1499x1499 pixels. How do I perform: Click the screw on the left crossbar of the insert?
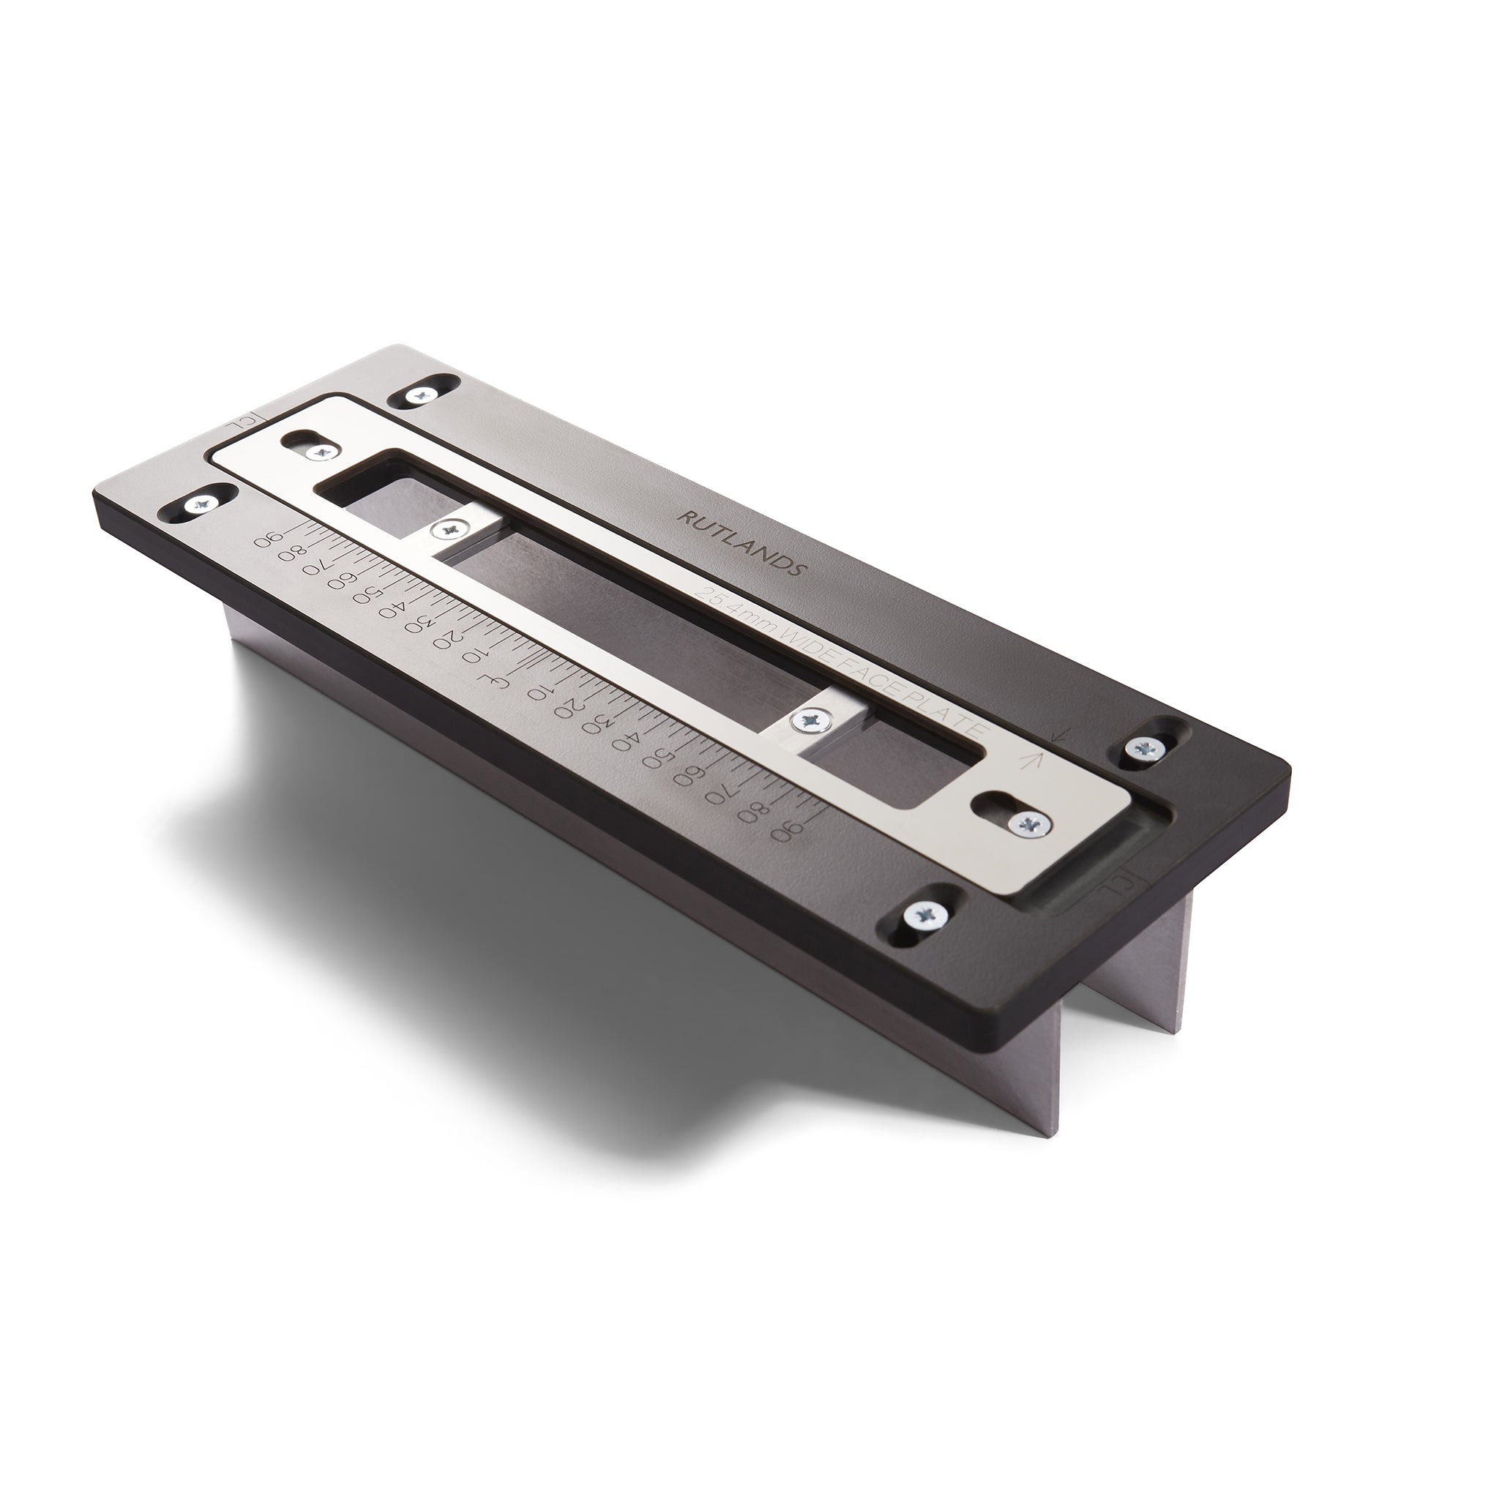(449, 531)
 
